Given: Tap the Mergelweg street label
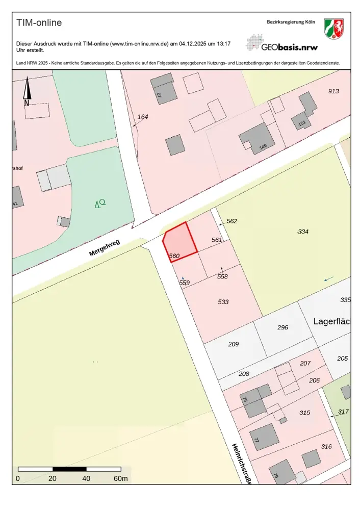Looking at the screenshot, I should pos(104,247).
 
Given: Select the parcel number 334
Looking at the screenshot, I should pos(303,232).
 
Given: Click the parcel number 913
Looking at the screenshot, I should pos(333,91).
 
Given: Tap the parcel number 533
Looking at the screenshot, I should pos(223,302).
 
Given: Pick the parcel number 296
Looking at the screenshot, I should pos(282,328).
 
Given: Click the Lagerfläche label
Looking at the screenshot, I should pos(331,322).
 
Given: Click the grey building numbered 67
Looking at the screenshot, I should pos(165,92).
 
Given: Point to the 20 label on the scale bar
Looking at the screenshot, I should pos(53,479).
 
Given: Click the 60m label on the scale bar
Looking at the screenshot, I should pos(121,479).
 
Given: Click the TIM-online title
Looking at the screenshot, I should pos(39,23).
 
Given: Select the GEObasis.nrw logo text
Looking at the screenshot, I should pos(289,47).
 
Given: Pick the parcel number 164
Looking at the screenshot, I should pos(143,117).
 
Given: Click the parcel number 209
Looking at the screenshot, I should pos(233,344).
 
